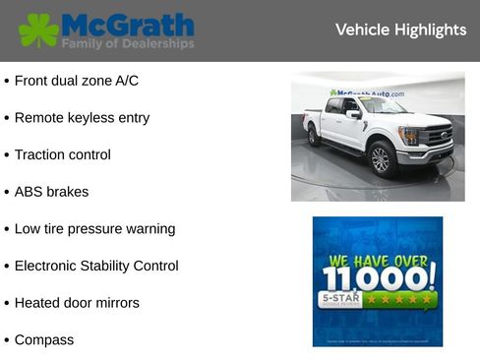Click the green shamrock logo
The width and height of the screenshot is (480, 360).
[x=38, y=30]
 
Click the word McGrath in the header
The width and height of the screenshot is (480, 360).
[x=128, y=25]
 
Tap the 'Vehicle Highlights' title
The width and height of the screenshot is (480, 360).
[x=400, y=30]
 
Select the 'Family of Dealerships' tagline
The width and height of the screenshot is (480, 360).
[x=128, y=44]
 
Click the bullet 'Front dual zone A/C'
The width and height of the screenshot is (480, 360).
[x=78, y=81]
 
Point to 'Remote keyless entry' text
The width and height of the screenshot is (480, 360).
[x=82, y=118]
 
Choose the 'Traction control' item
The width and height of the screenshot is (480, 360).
[x=62, y=154]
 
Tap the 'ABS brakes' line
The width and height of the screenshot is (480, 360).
[x=51, y=192]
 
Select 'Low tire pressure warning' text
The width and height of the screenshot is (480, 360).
[x=94, y=229]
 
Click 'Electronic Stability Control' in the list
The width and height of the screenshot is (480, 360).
[x=96, y=266]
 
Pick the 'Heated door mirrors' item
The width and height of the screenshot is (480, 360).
[x=77, y=303]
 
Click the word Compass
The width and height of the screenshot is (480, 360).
[x=43, y=340]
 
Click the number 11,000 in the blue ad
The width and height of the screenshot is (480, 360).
[x=378, y=278]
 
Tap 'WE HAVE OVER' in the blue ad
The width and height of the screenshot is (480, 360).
[x=378, y=261]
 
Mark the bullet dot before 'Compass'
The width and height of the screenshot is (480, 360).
[x=6, y=340]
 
